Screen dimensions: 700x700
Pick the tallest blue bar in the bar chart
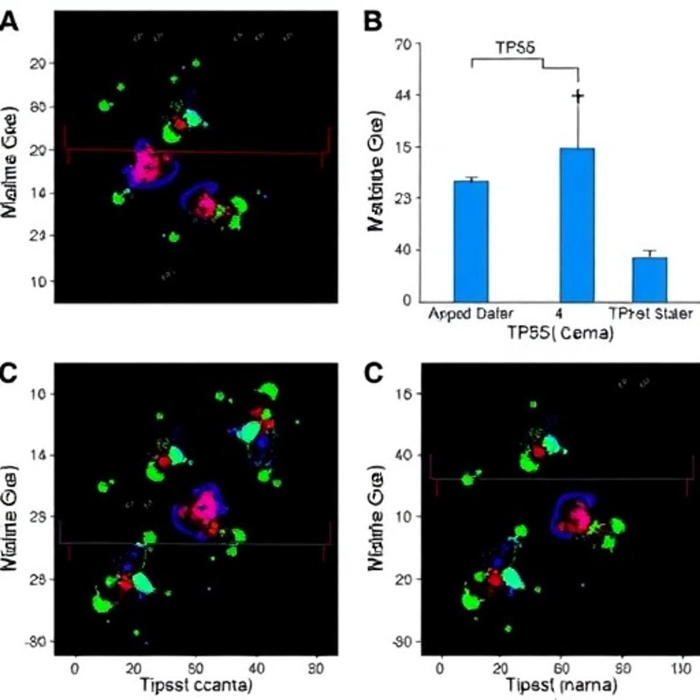(x=577, y=225)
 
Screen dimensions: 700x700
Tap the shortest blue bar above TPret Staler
(x=649, y=279)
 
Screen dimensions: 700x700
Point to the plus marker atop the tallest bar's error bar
(x=577, y=96)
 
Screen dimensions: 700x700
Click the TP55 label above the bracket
(x=515, y=48)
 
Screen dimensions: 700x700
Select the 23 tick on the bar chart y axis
(x=403, y=198)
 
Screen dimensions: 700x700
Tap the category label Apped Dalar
(x=471, y=314)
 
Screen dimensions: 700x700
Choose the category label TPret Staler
(x=650, y=314)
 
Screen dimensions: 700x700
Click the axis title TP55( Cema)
(x=560, y=333)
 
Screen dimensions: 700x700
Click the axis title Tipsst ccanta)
(x=195, y=685)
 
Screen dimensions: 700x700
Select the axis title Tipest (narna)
(x=561, y=685)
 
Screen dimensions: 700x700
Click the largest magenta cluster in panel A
(x=148, y=164)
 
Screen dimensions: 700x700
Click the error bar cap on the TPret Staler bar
(x=649, y=251)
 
